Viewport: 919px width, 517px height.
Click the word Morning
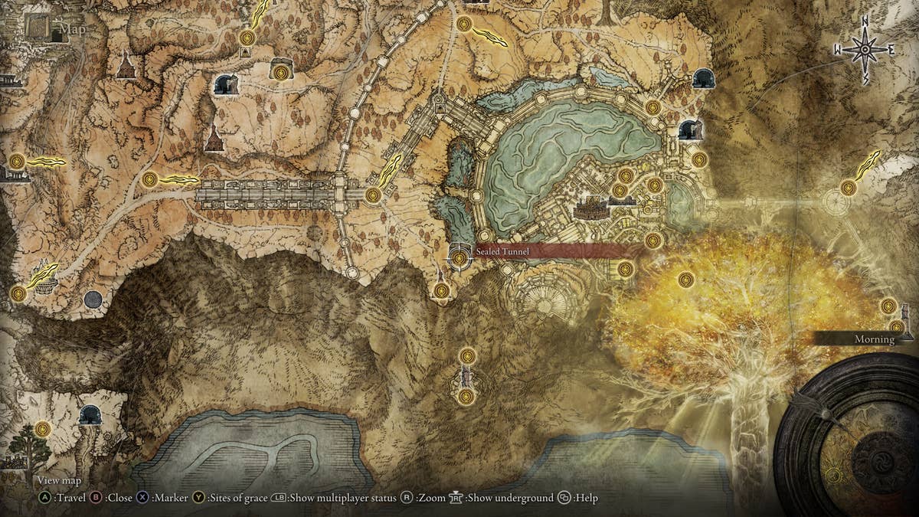pyautogui.click(x=875, y=339)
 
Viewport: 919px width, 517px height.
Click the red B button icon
pyautogui.click(x=96, y=498)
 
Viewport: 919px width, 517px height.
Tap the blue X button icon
pyautogui.click(x=143, y=498)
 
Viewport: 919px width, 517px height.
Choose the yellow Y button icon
pyautogui.click(x=198, y=498)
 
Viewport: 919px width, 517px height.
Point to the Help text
pyautogui.click(x=587, y=498)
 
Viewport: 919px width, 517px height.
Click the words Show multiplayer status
pyautogui.click(x=343, y=498)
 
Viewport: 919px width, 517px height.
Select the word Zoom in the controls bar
pyautogui.click(x=432, y=498)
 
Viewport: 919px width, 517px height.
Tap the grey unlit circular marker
pyautogui.click(x=93, y=299)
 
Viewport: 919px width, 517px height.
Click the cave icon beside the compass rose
pyautogui.click(x=704, y=78)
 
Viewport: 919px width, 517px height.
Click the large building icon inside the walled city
pyautogui.click(x=591, y=208)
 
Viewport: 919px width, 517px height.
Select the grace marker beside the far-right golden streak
pyautogui.click(x=848, y=188)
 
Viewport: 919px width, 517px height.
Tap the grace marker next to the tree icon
pyautogui.click(x=43, y=429)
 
